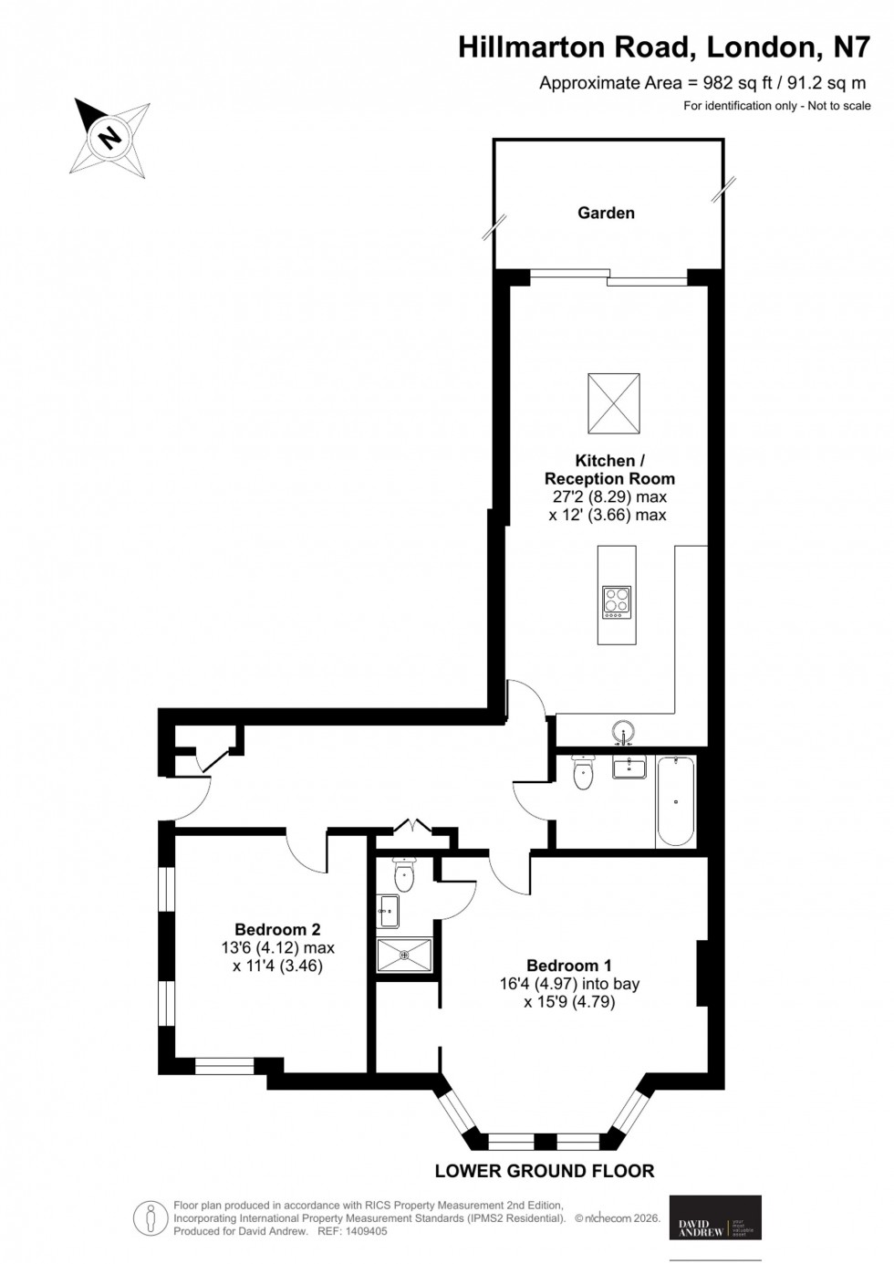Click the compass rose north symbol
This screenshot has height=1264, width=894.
tap(110, 138)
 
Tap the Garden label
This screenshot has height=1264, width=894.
tap(606, 213)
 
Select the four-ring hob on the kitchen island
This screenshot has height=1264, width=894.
tap(617, 602)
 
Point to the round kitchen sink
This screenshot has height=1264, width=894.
tap(624, 733)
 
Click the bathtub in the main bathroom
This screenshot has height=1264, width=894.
tap(675, 801)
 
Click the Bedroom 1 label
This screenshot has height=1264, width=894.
tap(569, 966)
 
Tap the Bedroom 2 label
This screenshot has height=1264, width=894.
tap(277, 930)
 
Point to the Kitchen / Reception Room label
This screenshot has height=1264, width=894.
tap(609, 469)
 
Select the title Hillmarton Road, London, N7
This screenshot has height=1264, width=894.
tap(664, 47)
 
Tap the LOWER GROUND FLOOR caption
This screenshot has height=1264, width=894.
tap(545, 1171)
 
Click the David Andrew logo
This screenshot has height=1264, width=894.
tap(715, 1217)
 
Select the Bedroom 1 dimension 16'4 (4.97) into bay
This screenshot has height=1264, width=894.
tap(568, 984)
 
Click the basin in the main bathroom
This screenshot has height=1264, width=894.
tap(629, 767)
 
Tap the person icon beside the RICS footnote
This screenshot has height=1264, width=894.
tap(149, 1216)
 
